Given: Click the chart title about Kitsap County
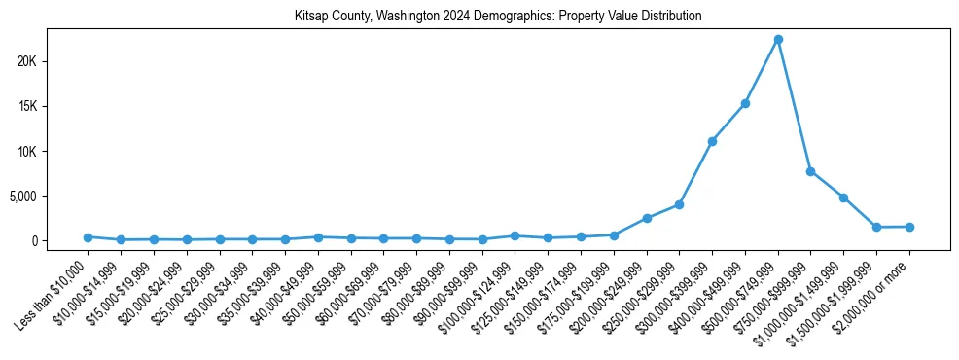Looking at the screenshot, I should coord(498,17).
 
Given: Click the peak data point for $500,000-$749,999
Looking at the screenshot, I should coord(778,40).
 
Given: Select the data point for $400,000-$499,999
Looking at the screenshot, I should coord(745,103).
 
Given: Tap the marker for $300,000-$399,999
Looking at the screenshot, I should coord(712,141).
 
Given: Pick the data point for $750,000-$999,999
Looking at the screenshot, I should coord(810,171).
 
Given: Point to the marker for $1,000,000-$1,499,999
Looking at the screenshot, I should coord(843,198).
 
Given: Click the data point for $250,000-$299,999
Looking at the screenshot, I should coord(679,204).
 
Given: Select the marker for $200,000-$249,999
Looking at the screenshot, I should coord(647,218).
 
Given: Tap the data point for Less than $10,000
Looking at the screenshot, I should coord(88,237).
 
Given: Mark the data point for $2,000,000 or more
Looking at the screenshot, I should coord(909,227).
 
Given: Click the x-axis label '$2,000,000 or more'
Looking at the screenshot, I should coord(870,292).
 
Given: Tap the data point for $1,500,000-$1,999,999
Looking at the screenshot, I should coord(876,227).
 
